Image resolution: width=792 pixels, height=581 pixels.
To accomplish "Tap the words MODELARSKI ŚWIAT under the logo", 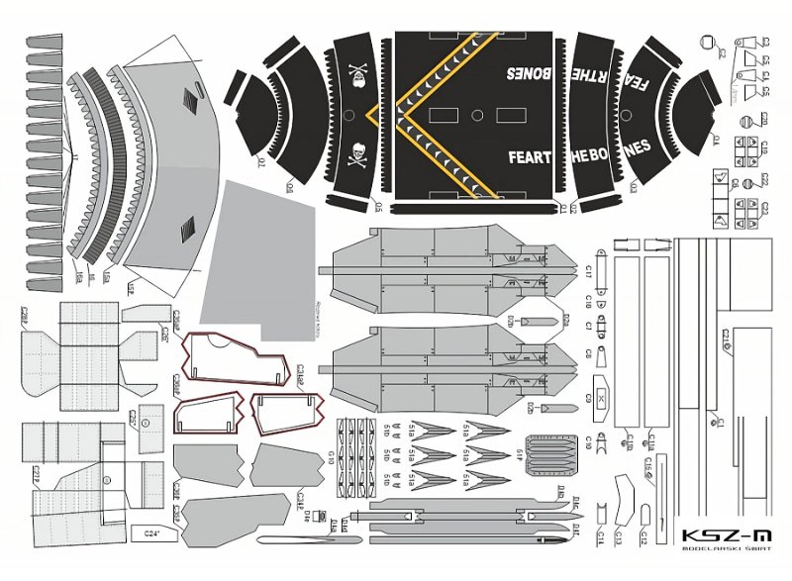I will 720,555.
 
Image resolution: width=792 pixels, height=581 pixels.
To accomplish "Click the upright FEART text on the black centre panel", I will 530,156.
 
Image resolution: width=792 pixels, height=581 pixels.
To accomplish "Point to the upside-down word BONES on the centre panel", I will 530,73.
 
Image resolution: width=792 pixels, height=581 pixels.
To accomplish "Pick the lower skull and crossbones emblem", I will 358,154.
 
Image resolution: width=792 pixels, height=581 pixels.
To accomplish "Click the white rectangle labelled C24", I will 151,533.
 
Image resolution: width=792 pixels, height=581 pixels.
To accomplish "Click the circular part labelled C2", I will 710,42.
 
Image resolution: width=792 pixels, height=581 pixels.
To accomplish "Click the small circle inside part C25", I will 146,423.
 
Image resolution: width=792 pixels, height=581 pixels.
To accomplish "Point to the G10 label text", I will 329,456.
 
